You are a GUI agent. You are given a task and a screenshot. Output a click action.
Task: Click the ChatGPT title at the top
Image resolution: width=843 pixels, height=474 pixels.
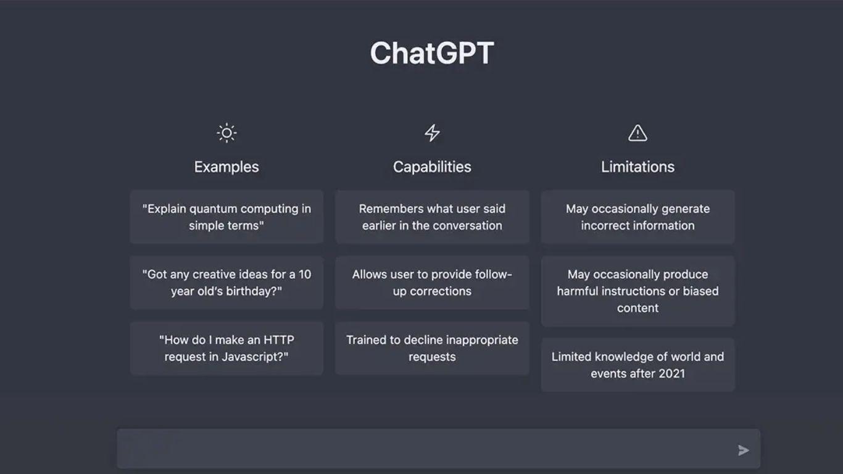431,53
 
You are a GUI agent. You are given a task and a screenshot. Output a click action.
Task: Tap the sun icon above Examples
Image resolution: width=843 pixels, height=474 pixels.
226,133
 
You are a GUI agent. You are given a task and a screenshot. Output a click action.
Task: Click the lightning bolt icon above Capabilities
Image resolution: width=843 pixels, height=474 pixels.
432,133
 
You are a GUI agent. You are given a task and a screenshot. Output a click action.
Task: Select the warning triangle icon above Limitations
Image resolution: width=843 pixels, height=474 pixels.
637,133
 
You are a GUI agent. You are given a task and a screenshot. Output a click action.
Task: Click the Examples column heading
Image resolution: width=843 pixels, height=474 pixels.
226,167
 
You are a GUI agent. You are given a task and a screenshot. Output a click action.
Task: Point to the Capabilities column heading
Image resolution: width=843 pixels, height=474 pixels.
432,167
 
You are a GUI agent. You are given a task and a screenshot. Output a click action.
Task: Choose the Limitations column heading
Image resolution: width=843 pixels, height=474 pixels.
637,167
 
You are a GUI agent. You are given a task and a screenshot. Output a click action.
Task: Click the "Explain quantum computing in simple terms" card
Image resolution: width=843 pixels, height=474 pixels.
226,217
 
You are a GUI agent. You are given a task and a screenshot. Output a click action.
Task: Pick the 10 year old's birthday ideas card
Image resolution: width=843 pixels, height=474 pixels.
226,282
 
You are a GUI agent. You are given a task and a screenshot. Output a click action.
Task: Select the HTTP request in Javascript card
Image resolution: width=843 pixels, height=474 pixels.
226,348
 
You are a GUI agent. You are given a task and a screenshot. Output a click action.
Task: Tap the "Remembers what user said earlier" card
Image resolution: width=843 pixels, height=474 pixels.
432,217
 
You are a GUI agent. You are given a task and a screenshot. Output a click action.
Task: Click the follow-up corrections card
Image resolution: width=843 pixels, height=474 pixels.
432,282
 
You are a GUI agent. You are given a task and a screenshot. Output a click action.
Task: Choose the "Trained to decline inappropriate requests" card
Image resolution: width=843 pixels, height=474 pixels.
432,348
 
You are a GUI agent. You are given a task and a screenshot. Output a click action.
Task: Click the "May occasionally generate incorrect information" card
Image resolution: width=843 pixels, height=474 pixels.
637,217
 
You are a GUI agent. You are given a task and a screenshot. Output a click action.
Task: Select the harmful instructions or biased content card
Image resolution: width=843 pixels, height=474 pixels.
637,291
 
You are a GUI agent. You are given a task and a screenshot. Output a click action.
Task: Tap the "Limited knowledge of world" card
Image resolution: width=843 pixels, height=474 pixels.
637,364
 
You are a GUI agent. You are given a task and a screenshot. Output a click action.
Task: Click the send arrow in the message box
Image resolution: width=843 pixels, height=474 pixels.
744,451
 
